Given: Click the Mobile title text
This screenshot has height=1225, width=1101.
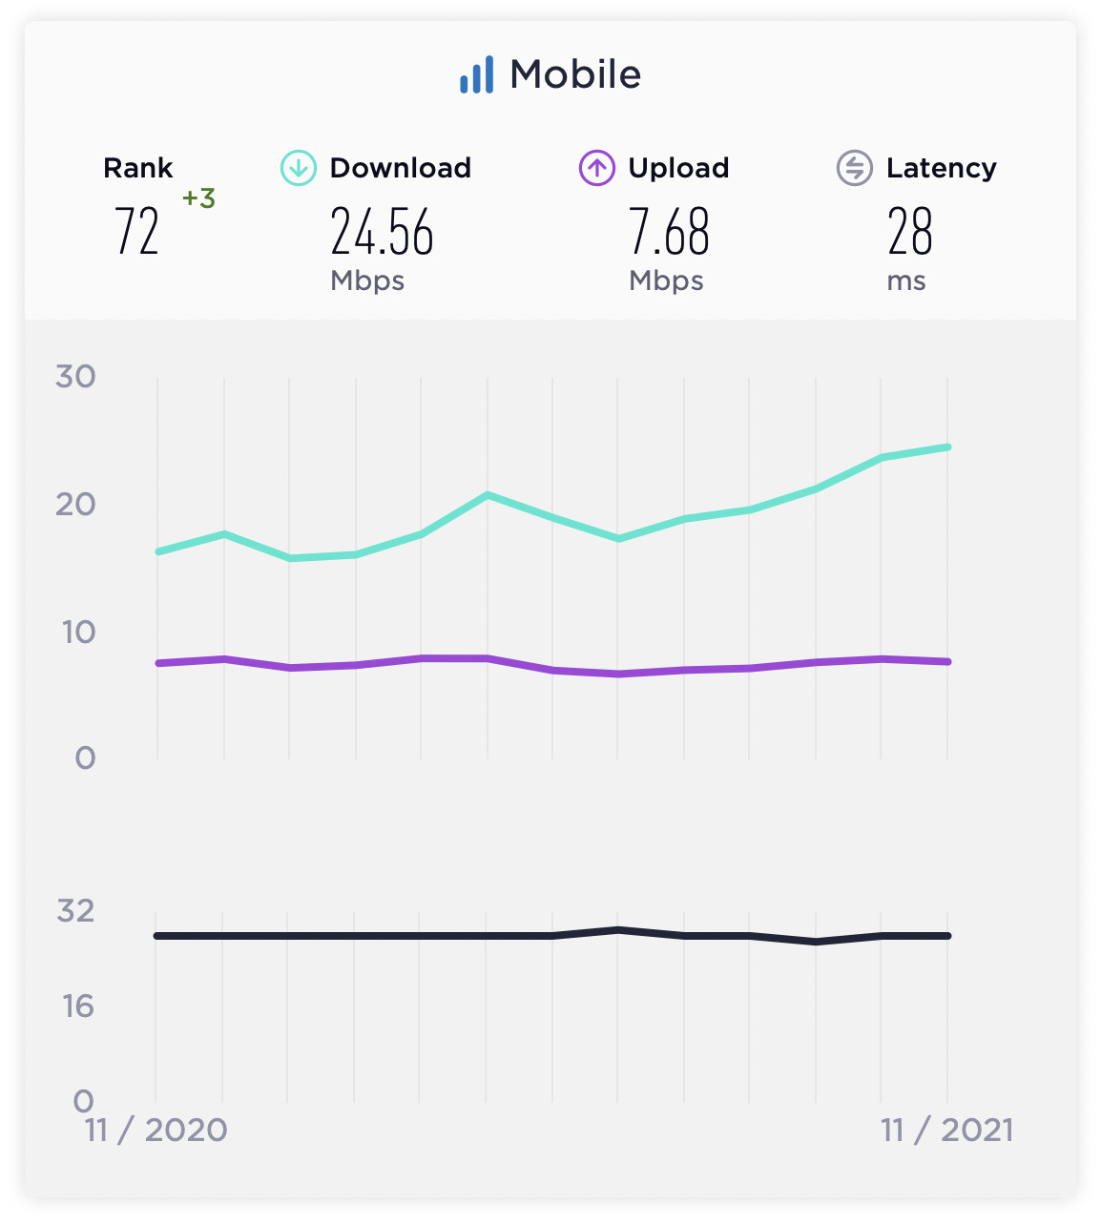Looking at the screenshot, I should pyautogui.click(x=575, y=74).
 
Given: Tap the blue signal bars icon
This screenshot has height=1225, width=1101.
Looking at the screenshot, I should pyautogui.click(x=476, y=74).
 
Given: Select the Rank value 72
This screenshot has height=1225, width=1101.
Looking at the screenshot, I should pyautogui.click(x=136, y=232).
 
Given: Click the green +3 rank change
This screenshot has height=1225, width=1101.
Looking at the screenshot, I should pyautogui.click(x=198, y=198).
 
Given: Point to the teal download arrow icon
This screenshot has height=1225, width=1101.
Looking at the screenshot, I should pyautogui.click(x=298, y=169).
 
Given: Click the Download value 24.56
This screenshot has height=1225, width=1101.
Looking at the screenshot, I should pyautogui.click(x=382, y=233).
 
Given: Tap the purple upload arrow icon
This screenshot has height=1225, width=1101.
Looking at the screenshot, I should pyautogui.click(x=596, y=169).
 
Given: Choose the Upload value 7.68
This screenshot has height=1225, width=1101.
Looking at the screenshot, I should pyautogui.click(x=669, y=233).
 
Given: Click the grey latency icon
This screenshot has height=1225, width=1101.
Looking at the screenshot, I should pyautogui.click(x=854, y=169).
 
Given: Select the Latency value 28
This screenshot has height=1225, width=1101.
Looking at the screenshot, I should pyautogui.click(x=909, y=233).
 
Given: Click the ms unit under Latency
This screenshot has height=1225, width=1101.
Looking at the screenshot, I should pyautogui.click(x=905, y=281).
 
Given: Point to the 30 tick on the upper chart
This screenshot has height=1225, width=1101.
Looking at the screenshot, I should pyautogui.click(x=75, y=377).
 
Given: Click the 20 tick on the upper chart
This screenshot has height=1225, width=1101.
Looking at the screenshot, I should pyautogui.click(x=75, y=504).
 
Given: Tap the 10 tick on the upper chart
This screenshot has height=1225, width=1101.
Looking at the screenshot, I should pyautogui.click(x=78, y=632).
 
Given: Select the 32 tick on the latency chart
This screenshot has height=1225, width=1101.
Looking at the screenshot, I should pyautogui.click(x=75, y=911).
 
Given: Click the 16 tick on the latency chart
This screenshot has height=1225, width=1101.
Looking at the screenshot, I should pyautogui.click(x=78, y=1006).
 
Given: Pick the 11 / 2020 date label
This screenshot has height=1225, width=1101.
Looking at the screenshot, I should pyautogui.click(x=156, y=1131).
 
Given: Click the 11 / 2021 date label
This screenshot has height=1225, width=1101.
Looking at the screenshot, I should pyautogui.click(x=946, y=1131).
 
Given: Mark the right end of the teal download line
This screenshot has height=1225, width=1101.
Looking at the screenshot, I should pyautogui.click(x=946, y=446).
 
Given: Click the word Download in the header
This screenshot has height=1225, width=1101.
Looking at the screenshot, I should pyautogui.click(x=400, y=169).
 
